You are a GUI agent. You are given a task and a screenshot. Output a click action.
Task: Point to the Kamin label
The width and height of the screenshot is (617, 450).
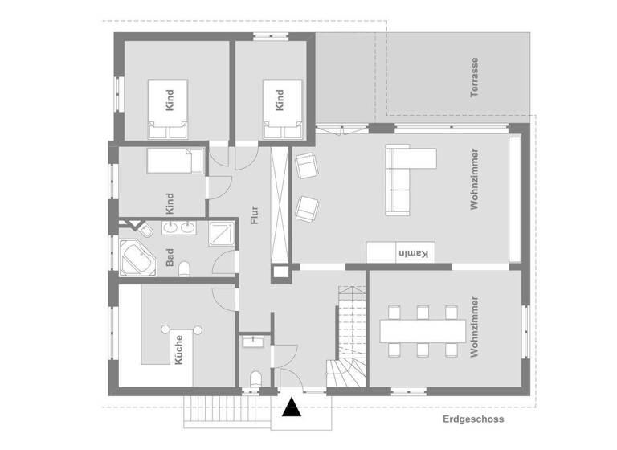point(415,253)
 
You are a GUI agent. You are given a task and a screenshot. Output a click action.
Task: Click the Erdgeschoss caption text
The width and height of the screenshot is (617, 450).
point(472,419)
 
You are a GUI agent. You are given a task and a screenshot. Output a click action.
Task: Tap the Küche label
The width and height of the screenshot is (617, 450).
point(178,350)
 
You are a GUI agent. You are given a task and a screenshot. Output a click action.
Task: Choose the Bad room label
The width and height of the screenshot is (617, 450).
point(170,258)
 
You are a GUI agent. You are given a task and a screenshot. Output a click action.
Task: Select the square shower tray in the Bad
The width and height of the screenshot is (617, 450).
point(221,234)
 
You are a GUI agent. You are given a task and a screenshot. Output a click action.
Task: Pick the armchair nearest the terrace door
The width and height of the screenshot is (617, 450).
point(306,166)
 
